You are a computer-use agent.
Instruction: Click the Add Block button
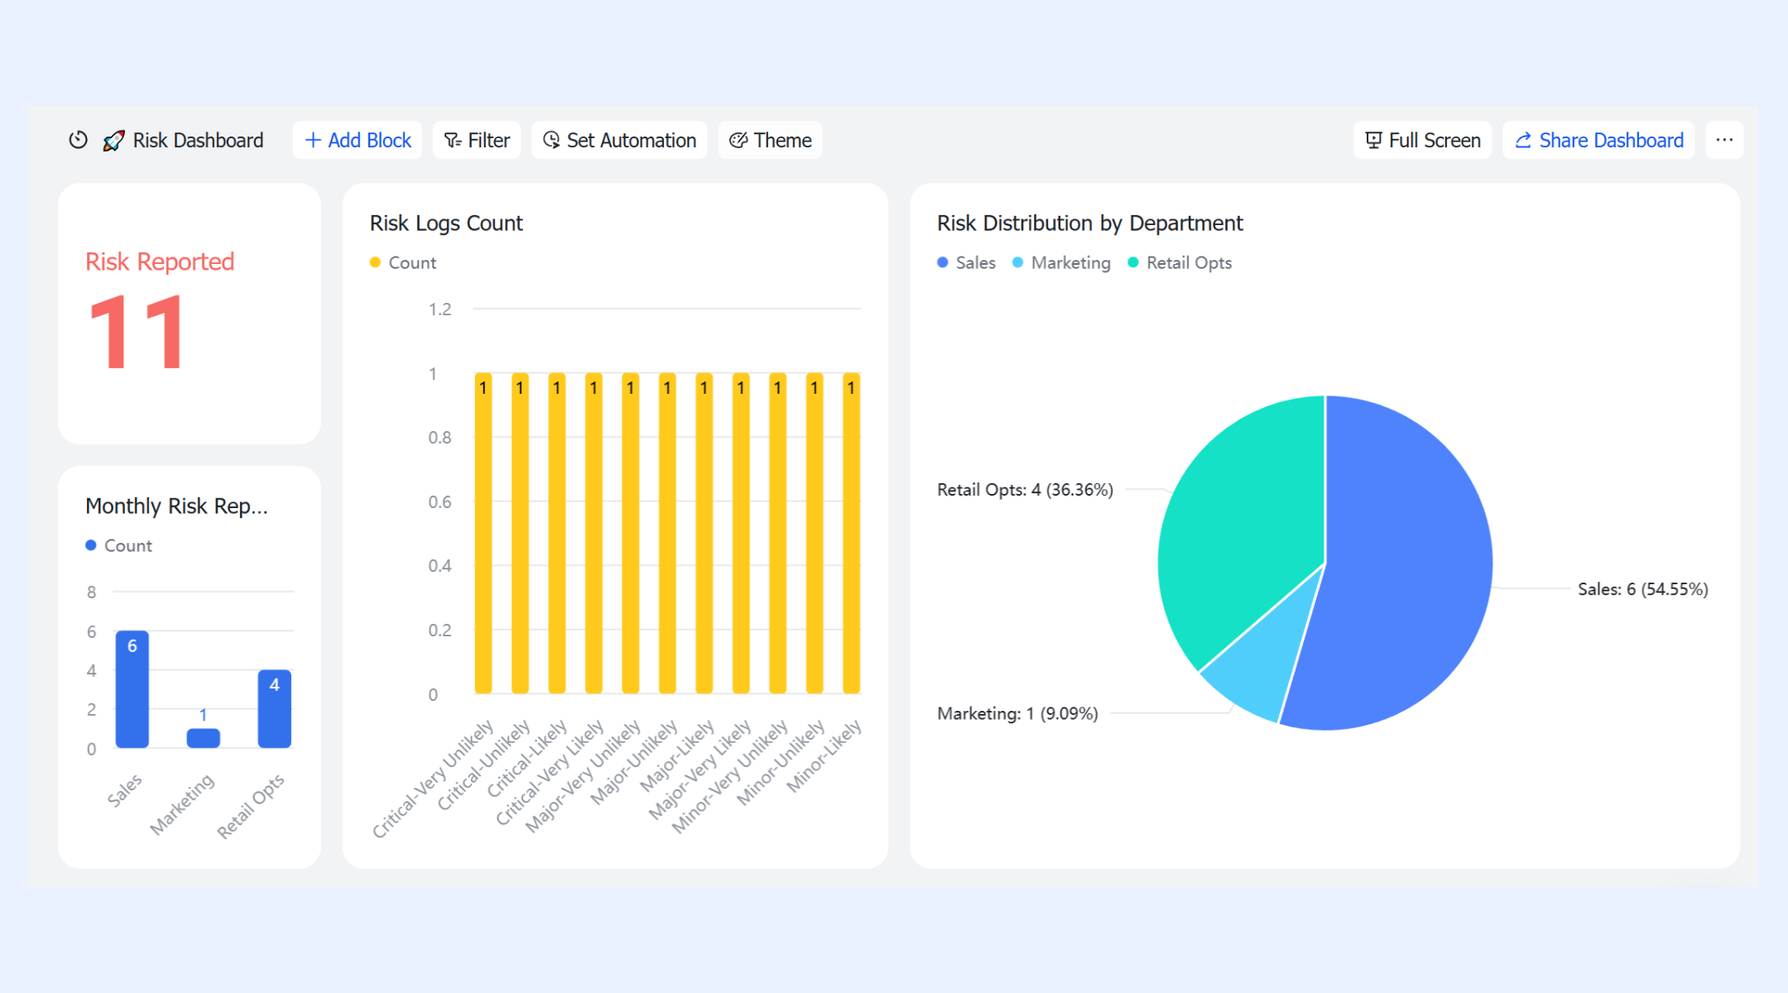358,140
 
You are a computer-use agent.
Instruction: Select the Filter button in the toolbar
477,140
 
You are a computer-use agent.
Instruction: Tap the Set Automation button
619,140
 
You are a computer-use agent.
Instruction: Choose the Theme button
770,140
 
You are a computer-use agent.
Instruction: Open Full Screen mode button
1422,140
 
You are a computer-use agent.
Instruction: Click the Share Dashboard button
1598,140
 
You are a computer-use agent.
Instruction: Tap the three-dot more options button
1724,140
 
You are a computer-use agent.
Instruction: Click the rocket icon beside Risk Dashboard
113,141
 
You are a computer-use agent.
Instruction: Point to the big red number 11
137,332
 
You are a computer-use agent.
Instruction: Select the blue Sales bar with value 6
132,689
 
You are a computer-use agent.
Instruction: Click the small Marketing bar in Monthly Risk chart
204,738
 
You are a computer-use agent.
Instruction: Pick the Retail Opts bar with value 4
275,708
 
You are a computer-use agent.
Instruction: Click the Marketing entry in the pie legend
1061,262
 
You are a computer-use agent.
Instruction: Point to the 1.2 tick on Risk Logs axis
440,309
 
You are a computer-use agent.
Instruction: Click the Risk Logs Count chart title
446,223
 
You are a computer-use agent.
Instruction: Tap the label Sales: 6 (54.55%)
1642,589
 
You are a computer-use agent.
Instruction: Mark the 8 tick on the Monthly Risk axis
91,592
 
